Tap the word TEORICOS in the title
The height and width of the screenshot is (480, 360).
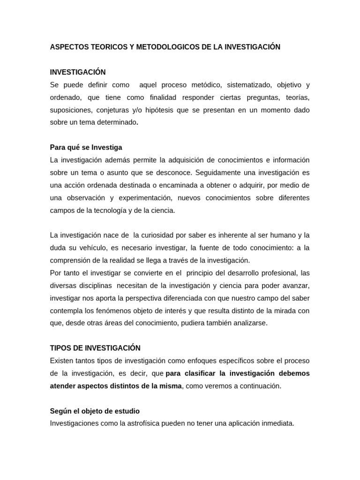(x=106, y=47)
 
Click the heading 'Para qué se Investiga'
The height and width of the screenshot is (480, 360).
(x=86, y=147)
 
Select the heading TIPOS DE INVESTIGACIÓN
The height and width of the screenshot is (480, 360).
(x=95, y=348)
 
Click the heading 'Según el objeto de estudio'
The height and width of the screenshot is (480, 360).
(x=95, y=411)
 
